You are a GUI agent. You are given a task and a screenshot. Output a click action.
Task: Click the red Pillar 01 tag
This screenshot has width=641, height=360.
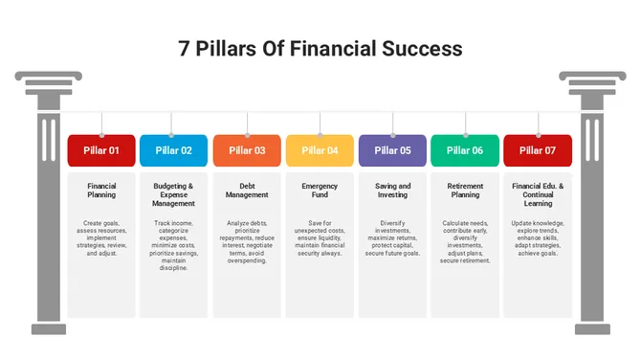pos(101,150)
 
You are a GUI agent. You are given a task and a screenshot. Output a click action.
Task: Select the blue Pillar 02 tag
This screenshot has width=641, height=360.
pos(174,150)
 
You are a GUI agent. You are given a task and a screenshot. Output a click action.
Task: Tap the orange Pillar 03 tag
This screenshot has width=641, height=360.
pos(247,150)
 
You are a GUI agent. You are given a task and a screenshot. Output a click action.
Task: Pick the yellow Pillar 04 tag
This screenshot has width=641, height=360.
pos(320,150)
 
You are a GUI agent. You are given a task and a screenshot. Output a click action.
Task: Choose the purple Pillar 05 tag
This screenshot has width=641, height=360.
pos(392,150)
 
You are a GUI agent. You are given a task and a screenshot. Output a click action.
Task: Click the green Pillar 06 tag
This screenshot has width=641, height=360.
pos(465,150)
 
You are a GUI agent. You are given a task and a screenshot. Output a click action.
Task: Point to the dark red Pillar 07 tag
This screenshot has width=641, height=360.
pos(538,150)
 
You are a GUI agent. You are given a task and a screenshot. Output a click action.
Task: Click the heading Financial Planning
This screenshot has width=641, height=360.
pos(101,191)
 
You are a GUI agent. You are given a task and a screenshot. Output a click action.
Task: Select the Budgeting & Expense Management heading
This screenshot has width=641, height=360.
pos(174,194)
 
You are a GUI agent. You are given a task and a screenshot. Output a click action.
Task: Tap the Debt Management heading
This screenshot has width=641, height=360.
pos(247,191)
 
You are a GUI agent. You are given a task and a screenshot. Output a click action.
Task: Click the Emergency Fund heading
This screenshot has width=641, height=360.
pos(320,191)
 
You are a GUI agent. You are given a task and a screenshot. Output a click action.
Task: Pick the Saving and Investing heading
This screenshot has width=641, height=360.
pos(392,191)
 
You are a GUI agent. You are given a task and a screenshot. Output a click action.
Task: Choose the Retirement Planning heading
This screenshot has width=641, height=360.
pos(465,191)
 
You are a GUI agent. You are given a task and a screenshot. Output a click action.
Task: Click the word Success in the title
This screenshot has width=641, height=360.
pos(417,48)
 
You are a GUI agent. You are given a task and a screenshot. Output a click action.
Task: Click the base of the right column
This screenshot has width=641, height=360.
pos(592,325)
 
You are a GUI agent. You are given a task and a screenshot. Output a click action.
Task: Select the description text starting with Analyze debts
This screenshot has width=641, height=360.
pos(247,241)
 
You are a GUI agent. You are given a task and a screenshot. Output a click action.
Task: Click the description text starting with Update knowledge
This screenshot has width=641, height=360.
pos(538,237)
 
